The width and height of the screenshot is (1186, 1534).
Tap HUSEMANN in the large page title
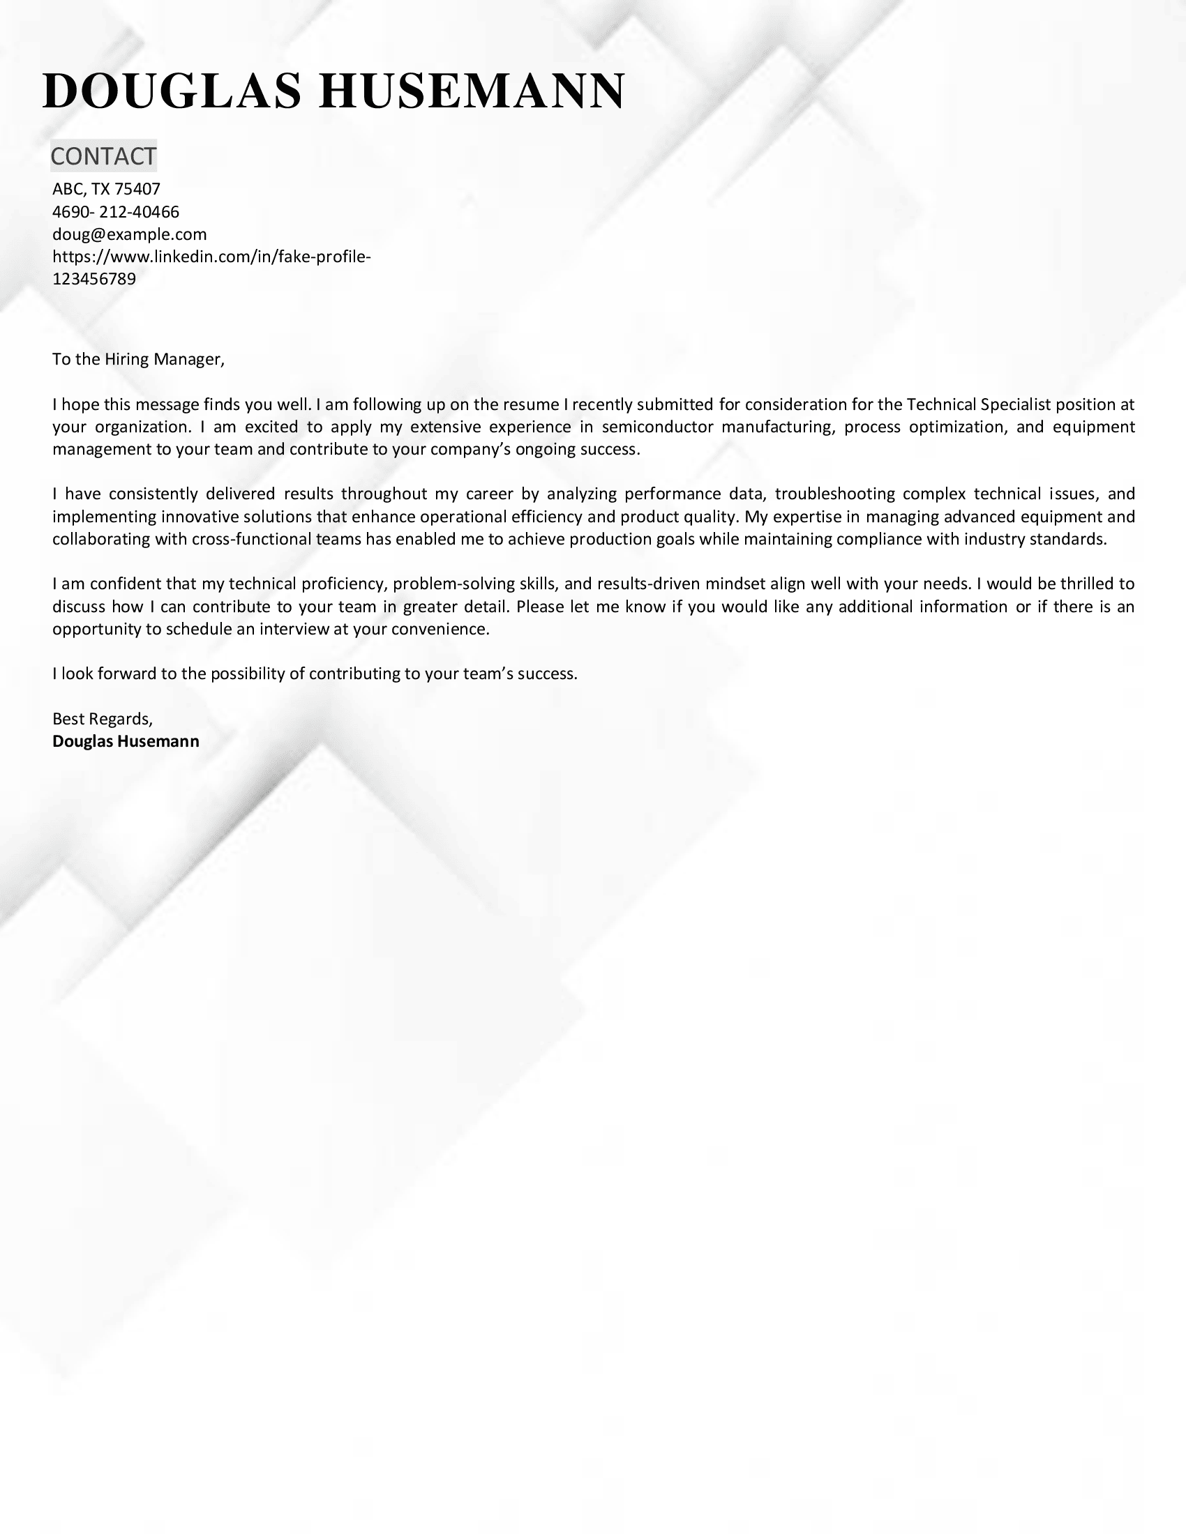pyautogui.click(x=472, y=92)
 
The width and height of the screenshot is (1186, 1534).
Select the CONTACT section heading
pyautogui.click(x=103, y=156)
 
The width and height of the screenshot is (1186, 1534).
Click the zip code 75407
pyautogui.click(x=137, y=189)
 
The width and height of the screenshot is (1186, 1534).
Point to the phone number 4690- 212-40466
pyautogui.click(x=116, y=211)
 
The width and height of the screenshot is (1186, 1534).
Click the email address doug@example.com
pyautogui.click(x=129, y=234)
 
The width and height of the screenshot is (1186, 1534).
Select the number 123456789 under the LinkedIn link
pyautogui.click(x=94, y=279)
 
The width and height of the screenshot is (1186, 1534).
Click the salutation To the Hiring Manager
pyautogui.click(x=138, y=360)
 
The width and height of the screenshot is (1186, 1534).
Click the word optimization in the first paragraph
pyautogui.click(x=956, y=427)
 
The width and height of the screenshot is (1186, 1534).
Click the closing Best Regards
pyautogui.click(x=102, y=718)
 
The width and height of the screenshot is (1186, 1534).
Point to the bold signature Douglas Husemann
pyautogui.click(x=126, y=741)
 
